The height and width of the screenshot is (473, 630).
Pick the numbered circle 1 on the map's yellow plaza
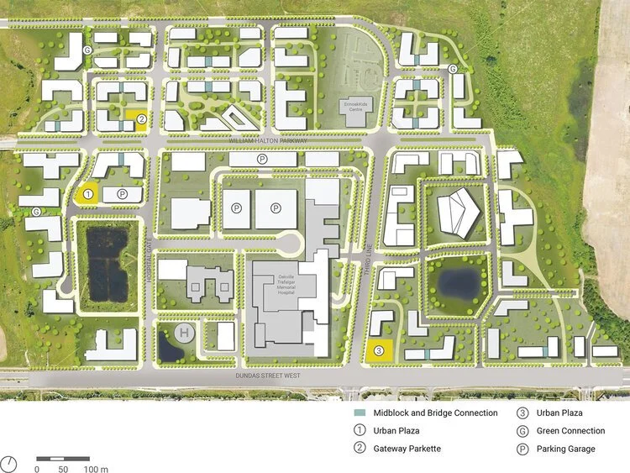87,194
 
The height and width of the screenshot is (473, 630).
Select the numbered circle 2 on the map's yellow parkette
142,120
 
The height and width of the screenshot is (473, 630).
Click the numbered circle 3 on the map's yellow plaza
379,350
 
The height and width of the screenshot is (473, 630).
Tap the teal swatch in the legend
359,413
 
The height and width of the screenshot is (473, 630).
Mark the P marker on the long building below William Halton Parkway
262,158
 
